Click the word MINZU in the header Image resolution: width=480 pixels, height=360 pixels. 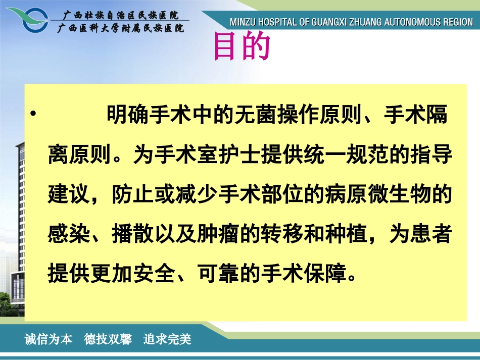pyautogui.click(x=243, y=23)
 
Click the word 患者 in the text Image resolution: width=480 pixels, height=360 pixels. pyautogui.click(x=436, y=233)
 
